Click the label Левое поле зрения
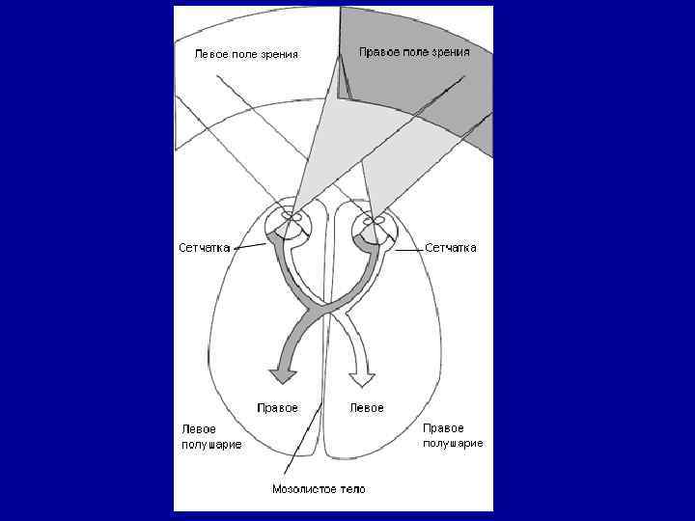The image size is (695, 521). pyautogui.click(x=247, y=54)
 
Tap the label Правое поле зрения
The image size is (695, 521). pyautogui.click(x=414, y=51)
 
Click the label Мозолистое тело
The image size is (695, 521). pyautogui.click(x=319, y=489)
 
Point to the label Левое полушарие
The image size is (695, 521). pyautogui.click(x=211, y=436)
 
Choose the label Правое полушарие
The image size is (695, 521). pyautogui.click(x=453, y=435)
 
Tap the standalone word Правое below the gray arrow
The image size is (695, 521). pyautogui.click(x=277, y=408)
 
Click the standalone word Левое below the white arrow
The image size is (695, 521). pyautogui.click(x=366, y=408)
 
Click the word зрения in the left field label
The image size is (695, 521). pyautogui.click(x=279, y=54)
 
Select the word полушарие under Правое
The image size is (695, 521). pyautogui.click(x=453, y=444)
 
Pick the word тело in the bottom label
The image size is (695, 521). pyautogui.click(x=351, y=489)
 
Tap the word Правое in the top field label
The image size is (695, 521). pyautogui.click(x=379, y=51)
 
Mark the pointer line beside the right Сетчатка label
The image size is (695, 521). pyautogui.click(x=408, y=248)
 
